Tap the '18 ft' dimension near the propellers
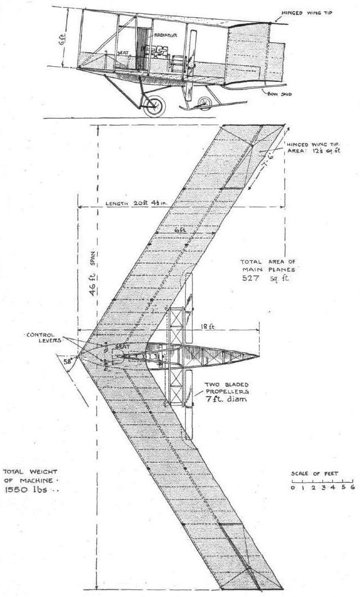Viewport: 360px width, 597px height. click(x=208, y=328)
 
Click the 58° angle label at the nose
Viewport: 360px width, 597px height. click(x=68, y=361)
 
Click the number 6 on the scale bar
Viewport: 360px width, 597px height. click(x=352, y=487)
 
